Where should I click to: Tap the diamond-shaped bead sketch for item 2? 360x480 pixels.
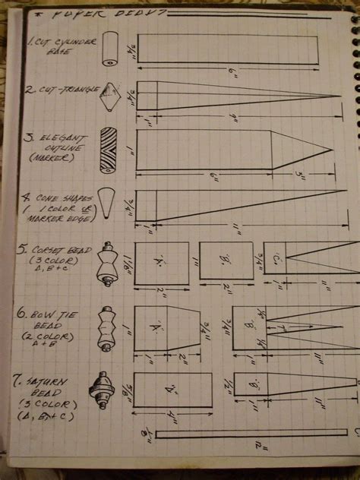112,95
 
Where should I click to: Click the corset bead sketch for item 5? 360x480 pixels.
107,265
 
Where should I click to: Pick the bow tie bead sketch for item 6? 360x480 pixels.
106,327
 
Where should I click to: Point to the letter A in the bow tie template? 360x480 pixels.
158,327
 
